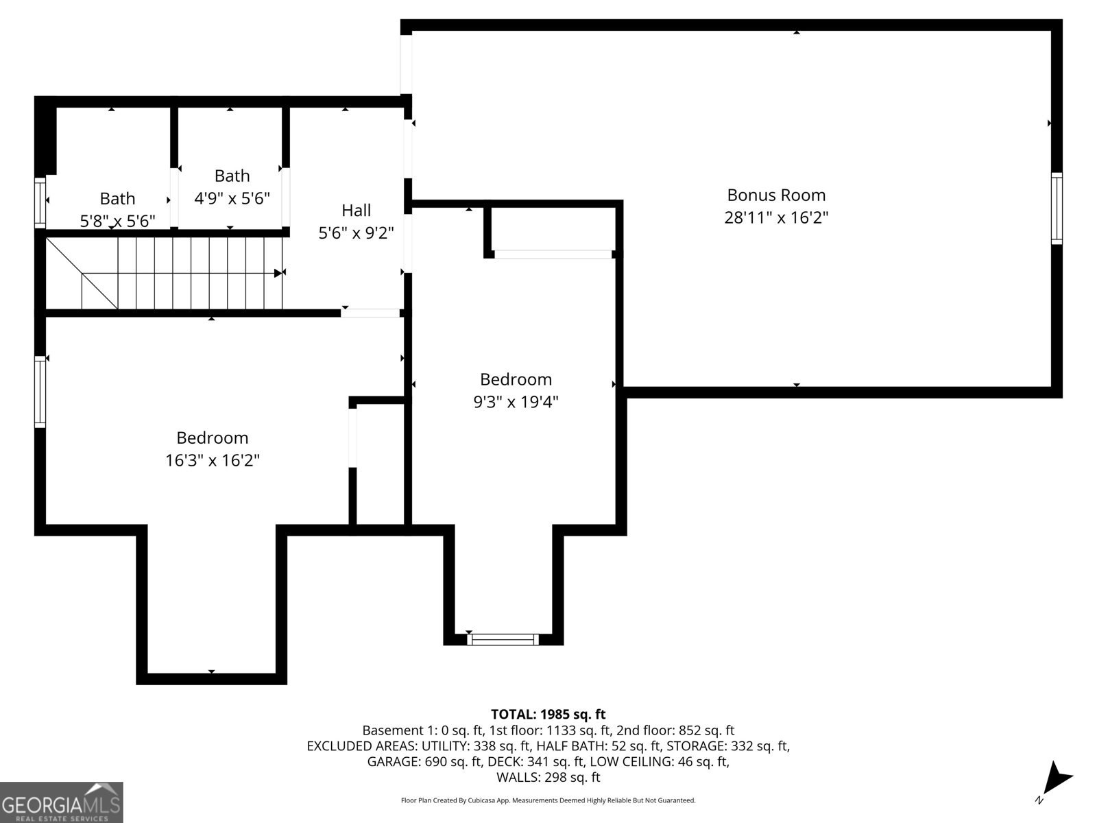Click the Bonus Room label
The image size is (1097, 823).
click(776, 195)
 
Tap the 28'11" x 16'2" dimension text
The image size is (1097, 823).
click(776, 217)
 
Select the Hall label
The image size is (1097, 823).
click(356, 211)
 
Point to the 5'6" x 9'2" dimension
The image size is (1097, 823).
click(356, 233)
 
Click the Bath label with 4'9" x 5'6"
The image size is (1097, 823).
click(232, 176)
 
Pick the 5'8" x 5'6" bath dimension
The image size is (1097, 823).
click(117, 221)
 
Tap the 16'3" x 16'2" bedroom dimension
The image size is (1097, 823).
click(212, 460)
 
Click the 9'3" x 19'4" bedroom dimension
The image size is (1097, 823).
click(516, 402)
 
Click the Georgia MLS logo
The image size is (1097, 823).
click(62, 802)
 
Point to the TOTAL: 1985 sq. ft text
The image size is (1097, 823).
click(548, 715)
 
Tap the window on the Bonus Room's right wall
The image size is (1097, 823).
click(1057, 208)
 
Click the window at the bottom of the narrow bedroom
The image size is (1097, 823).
click(503, 640)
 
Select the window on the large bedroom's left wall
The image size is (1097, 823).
click(40, 392)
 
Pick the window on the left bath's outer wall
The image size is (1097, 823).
click(40, 202)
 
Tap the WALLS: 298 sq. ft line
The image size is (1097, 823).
click(548, 777)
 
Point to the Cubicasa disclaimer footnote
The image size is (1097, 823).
click(548, 800)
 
